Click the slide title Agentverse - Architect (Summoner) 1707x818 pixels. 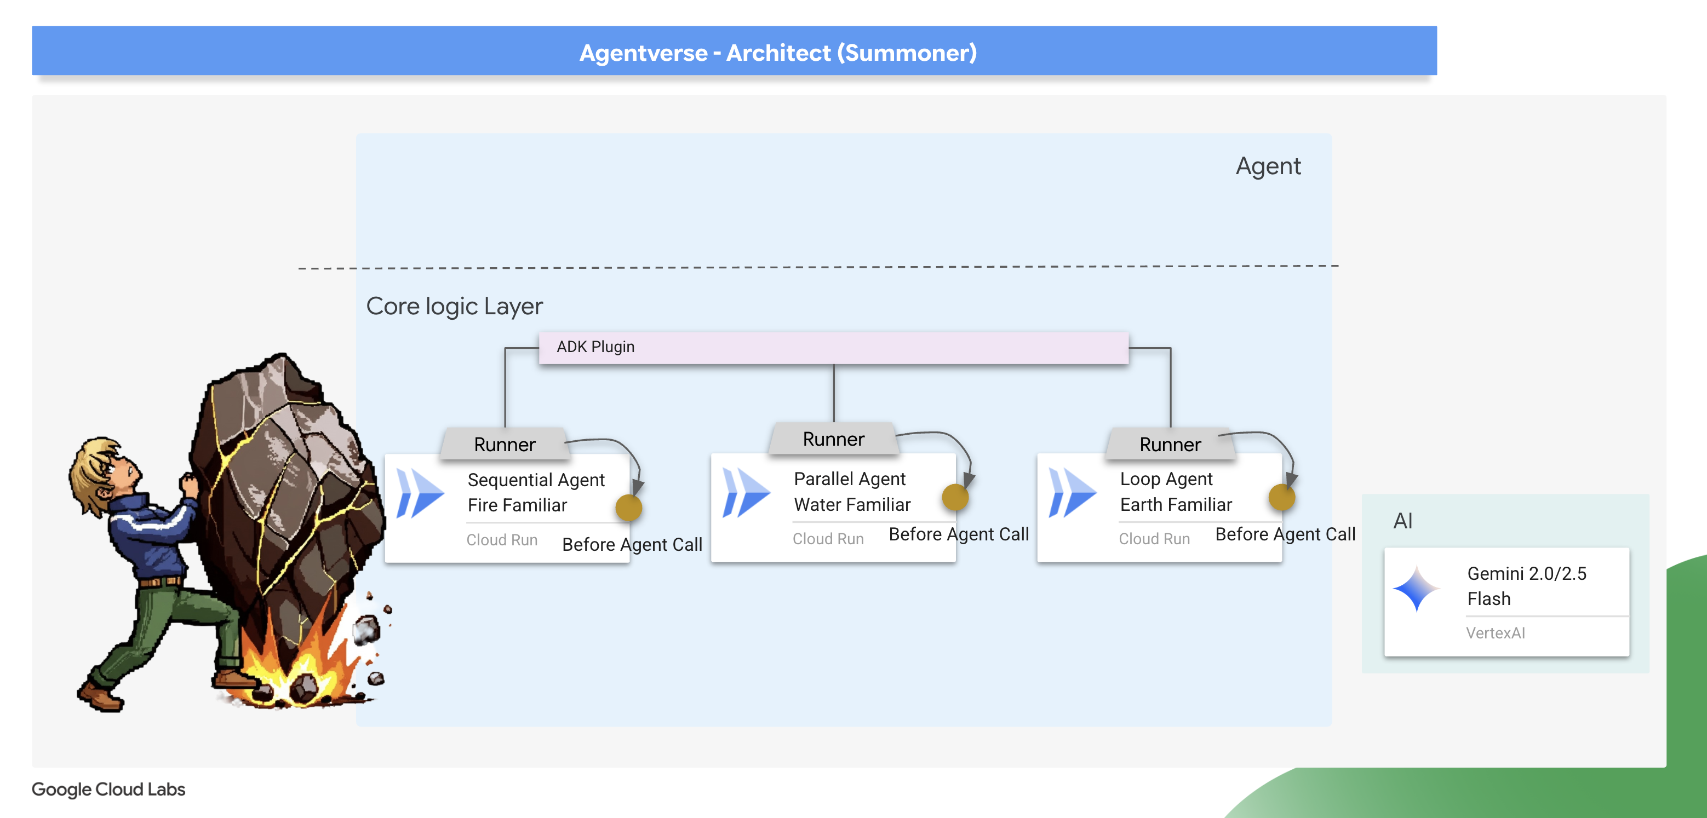(778, 53)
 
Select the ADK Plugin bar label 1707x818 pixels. (595, 347)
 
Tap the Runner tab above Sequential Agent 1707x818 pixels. (505, 445)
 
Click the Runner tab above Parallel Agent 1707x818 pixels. (833, 439)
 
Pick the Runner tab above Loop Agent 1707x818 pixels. (1170, 445)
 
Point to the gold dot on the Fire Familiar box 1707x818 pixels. (628, 508)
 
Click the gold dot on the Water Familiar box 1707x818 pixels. (955, 497)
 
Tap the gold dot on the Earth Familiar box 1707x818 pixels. (1281, 497)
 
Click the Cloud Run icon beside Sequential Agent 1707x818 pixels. (420, 493)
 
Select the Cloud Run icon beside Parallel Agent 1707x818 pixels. (746, 493)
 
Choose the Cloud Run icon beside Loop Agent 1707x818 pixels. (1072, 493)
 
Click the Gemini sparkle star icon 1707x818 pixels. (1416, 588)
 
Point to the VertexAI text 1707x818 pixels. (1495, 633)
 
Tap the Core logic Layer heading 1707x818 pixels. (454, 306)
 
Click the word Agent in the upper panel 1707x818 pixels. (1268, 166)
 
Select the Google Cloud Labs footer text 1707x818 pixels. (108, 790)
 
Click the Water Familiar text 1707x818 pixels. (852, 505)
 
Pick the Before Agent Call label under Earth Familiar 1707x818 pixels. (1285, 534)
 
